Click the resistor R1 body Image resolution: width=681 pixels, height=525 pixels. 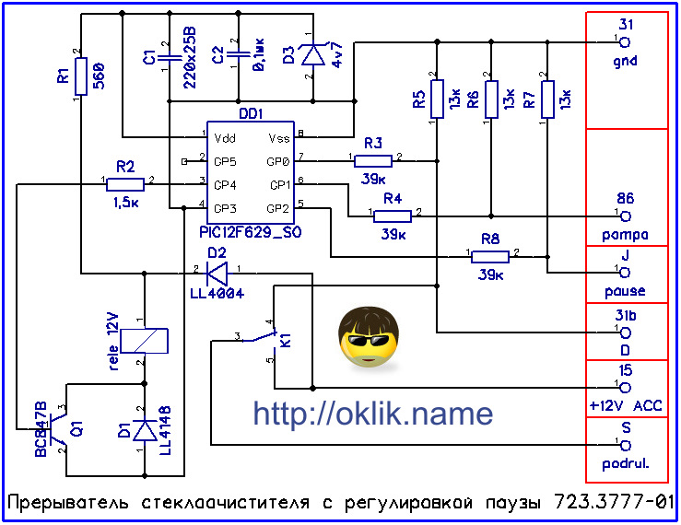click(81, 76)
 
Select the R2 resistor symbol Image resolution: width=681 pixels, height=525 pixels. click(124, 182)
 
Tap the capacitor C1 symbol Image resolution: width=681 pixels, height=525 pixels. click(170, 58)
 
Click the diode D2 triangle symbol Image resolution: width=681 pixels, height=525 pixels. click(217, 273)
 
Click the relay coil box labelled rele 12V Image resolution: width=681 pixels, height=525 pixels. click(145, 341)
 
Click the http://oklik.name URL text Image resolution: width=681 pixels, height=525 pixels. click(372, 414)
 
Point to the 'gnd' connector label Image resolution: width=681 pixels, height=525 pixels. click(624, 62)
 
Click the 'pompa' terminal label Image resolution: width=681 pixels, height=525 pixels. click(626, 235)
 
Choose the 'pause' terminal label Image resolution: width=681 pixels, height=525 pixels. click(626, 292)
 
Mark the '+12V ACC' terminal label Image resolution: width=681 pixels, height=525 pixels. click(626, 405)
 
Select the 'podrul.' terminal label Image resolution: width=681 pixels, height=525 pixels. click(626, 464)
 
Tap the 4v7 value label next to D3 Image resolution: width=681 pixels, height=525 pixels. click(337, 58)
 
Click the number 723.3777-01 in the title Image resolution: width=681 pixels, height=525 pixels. click(614, 505)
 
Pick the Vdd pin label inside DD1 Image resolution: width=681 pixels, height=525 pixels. click(223, 139)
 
